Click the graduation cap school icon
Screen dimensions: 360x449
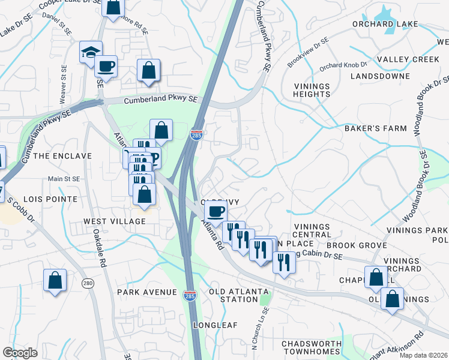pos(91,52)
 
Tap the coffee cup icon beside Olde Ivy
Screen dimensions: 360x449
pos(216,211)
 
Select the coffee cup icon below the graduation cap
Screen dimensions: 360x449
pos(106,66)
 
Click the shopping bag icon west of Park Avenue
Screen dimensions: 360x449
pos(55,280)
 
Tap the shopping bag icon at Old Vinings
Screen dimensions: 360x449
pos(392,298)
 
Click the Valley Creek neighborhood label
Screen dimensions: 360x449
pos(400,59)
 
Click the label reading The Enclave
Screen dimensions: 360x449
pos(62,156)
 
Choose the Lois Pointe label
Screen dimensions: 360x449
pos(50,199)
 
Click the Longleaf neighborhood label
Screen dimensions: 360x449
pos(215,325)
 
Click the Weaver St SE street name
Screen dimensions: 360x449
pos(62,84)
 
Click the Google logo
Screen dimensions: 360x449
pos(20,353)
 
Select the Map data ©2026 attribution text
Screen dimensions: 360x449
pos(423,355)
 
